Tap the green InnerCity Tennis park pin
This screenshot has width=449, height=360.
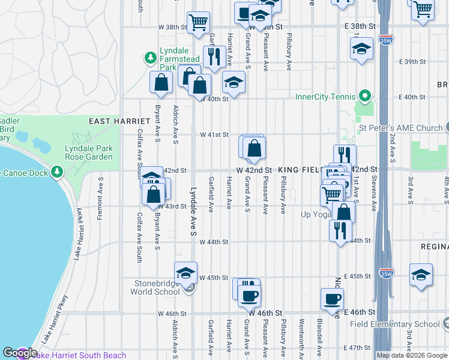click(363, 96)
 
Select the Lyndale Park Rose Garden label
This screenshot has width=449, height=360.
click(89, 152)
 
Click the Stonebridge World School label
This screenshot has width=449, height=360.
click(155, 287)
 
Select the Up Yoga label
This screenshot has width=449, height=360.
click(316, 214)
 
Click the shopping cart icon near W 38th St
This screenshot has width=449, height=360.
click(198, 23)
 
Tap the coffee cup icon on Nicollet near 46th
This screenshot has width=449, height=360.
click(332, 298)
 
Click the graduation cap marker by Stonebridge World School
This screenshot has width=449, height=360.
click(186, 272)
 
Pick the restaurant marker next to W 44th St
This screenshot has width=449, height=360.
click(340, 230)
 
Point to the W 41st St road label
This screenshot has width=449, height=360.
click(214, 134)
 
